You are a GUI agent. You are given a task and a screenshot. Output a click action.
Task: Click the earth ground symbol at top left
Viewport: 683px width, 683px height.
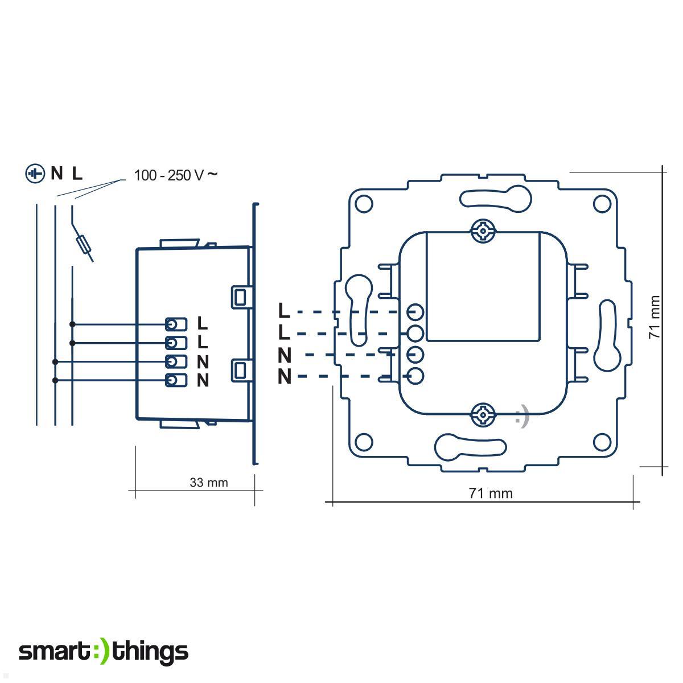[x=35, y=174]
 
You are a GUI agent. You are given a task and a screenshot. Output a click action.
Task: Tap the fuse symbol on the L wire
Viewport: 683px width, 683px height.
[x=84, y=246]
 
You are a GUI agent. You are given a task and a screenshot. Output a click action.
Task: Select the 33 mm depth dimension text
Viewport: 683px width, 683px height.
[x=208, y=483]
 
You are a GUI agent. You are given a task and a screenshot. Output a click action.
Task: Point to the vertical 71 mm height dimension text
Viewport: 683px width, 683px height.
[x=656, y=318]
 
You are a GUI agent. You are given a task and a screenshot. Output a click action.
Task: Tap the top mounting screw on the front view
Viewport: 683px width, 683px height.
[x=483, y=232]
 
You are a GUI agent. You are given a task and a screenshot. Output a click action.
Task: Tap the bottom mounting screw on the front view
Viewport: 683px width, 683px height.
[x=483, y=414]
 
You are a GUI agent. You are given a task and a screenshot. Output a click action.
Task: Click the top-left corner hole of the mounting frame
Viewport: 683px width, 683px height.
[x=364, y=203]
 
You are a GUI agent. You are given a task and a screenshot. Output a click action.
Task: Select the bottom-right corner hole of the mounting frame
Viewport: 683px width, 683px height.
[x=601, y=442]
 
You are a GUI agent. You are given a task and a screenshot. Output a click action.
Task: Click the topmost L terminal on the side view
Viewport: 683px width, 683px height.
[x=176, y=324]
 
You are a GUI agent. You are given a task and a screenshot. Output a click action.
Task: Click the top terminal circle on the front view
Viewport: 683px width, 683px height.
[x=416, y=312]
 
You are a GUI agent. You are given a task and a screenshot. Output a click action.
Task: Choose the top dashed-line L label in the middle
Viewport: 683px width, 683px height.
[x=284, y=311]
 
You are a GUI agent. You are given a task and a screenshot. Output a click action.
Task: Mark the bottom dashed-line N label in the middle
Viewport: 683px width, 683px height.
[x=285, y=377]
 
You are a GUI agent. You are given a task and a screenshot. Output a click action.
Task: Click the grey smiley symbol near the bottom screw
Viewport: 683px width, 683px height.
[x=521, y=417]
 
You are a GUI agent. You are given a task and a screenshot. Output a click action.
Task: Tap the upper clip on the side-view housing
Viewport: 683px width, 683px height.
[x=240, y=296]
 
